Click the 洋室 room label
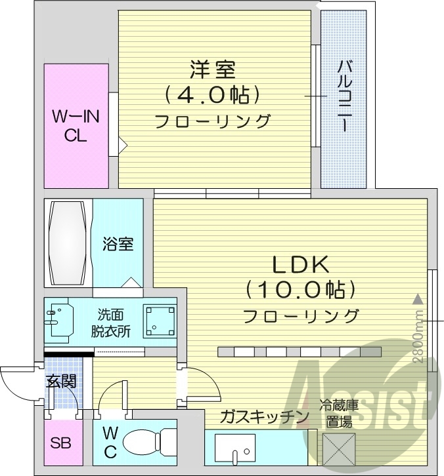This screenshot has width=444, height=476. [x=213, y=69]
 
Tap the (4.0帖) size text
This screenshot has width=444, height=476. [x=213, y=96]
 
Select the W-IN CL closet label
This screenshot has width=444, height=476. [x=76, y=127]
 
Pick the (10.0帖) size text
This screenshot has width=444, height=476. [x=301, y=289]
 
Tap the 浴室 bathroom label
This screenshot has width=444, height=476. [x=118, y=244]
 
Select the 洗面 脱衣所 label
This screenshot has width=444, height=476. [x=110, y=322]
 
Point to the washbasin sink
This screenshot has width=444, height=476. [x=59, y=320]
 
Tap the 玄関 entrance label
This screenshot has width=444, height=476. [x=60, y=381]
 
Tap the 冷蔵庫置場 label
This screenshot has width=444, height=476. [x=339, y=414]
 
